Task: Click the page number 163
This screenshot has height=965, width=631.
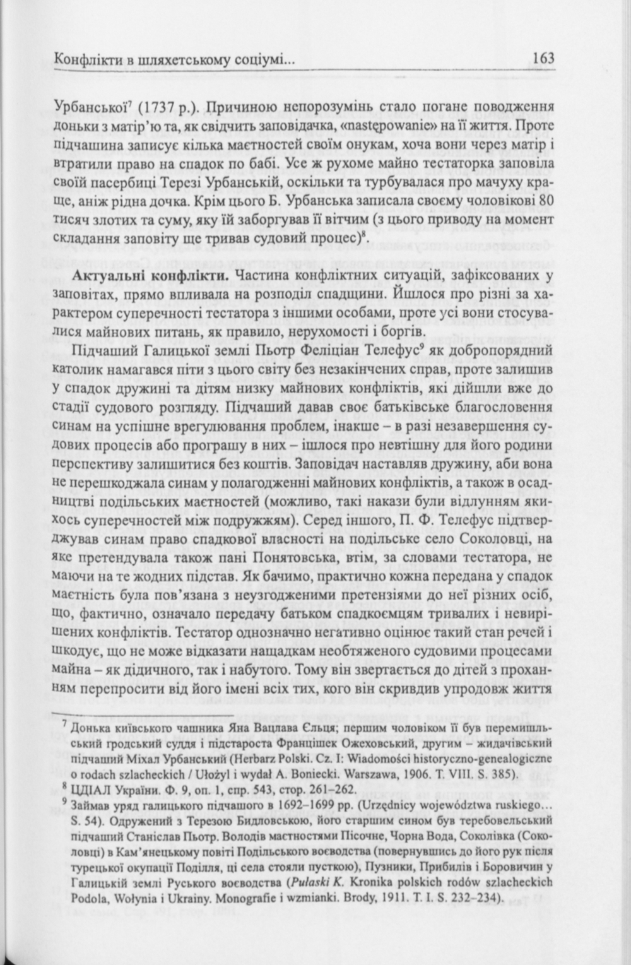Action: pos(543,59)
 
